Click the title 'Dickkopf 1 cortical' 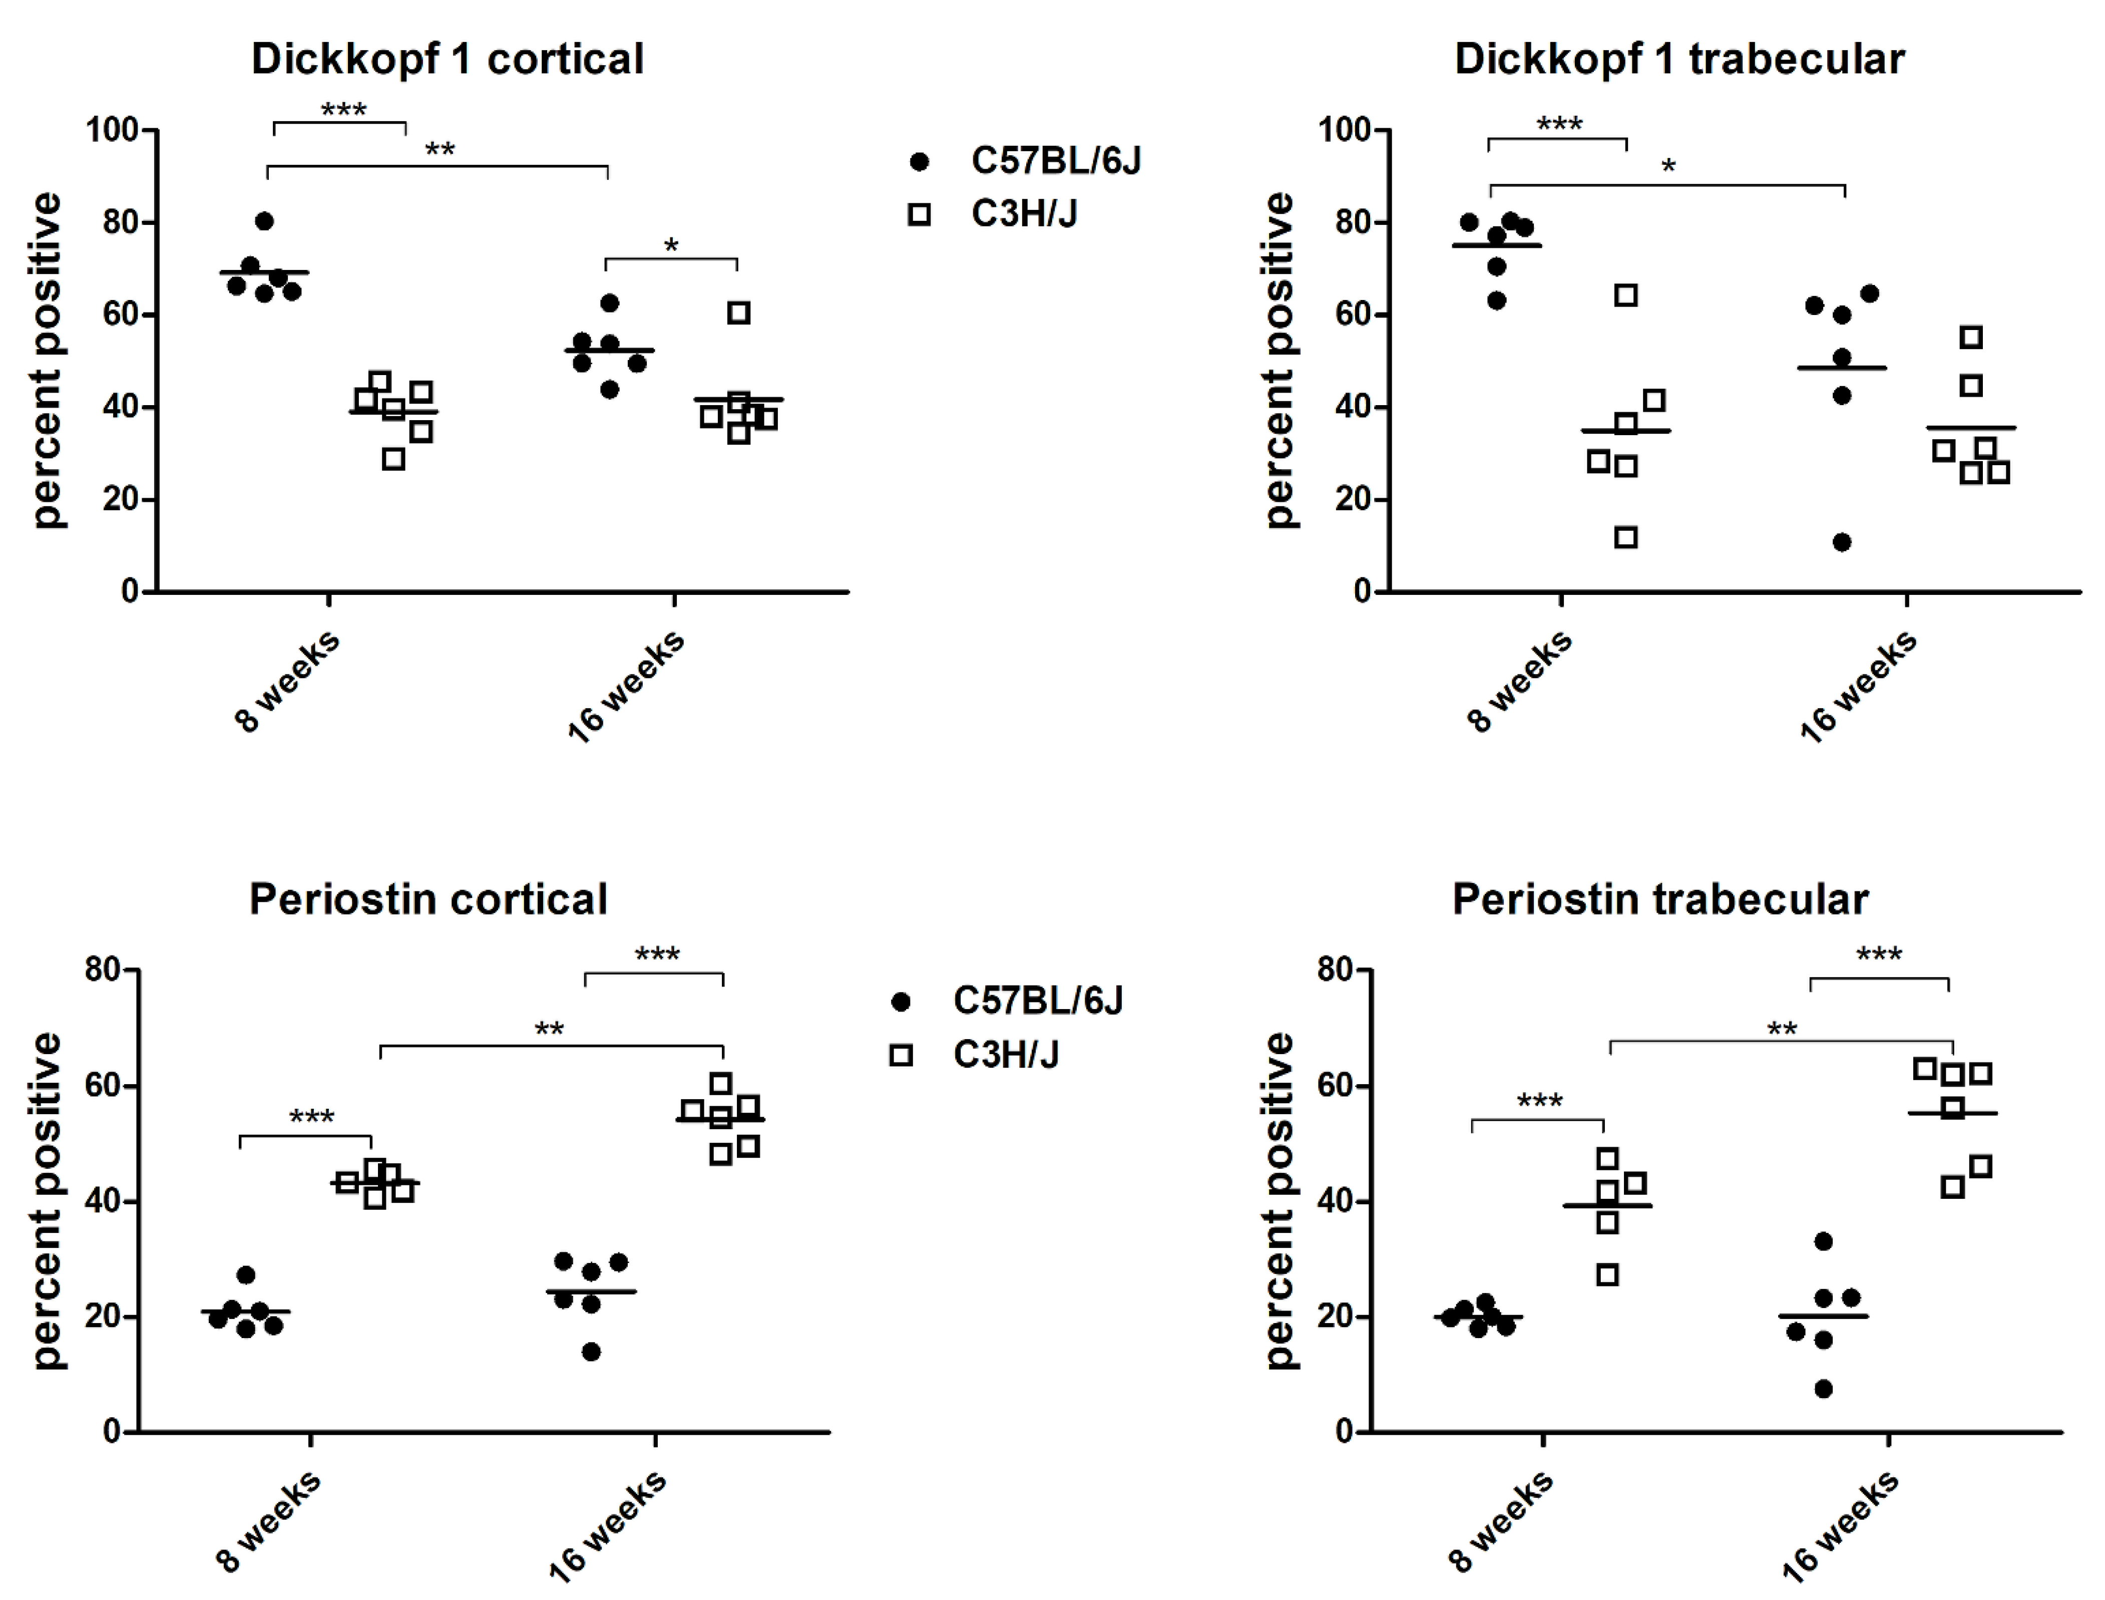coord(448,59)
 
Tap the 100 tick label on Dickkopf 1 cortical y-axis coord(112,130)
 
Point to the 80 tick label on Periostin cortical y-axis coord(103,970)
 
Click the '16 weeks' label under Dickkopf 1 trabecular coord(1858,686)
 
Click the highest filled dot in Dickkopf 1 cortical coord(265,221)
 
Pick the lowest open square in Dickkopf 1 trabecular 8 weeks coord(1626,537)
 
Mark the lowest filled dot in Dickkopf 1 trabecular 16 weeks coord(1842,542)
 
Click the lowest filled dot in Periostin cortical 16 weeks coord(591,1352)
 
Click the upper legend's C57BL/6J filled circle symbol coord(919,162)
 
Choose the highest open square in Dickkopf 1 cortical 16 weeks coord(739,312)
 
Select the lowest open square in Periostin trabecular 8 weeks coord(1607,1274)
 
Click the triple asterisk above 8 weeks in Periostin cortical coord(312,1116)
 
